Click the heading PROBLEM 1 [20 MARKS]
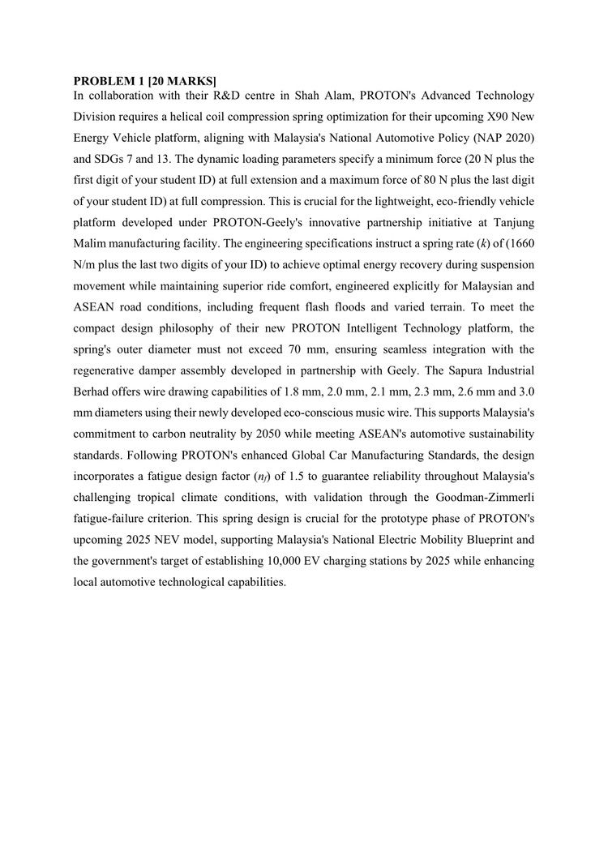pos(145,81)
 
